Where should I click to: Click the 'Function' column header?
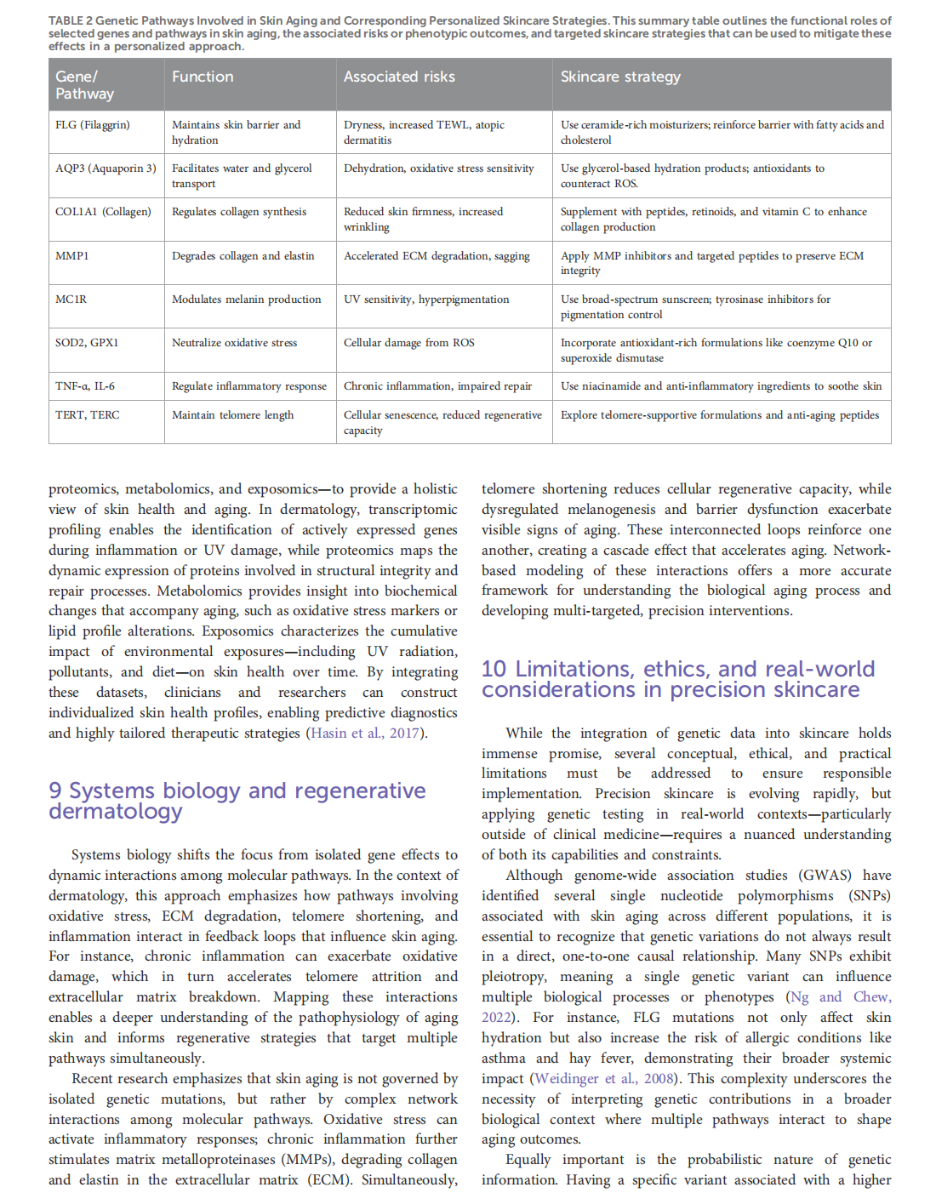(203, 77)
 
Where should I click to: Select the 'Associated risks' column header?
(399, 77)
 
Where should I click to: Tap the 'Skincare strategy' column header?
(620, 77)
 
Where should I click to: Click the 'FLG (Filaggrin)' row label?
(93, 125)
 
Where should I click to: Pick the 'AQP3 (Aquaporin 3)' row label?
(106, 168)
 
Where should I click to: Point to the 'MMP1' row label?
(72, 256)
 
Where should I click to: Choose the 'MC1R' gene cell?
(71, 300)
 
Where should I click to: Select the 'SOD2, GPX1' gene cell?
(87, 343)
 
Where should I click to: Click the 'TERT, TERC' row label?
(88, 415)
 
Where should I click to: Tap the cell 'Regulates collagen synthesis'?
(239, 212)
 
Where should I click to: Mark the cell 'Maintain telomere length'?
(232, 415)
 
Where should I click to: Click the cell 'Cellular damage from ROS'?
(409, 343)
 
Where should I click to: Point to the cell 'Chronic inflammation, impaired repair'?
(437, 386)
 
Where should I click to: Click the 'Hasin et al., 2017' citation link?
(366, 733)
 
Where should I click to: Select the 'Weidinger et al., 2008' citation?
(603, 1079)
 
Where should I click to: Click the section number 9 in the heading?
(55, 791)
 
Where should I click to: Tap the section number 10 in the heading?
(494, 670)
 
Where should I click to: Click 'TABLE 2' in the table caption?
(71, 20)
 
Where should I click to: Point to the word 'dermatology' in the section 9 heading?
(116, 812)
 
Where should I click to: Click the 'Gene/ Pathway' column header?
(84, 85)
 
